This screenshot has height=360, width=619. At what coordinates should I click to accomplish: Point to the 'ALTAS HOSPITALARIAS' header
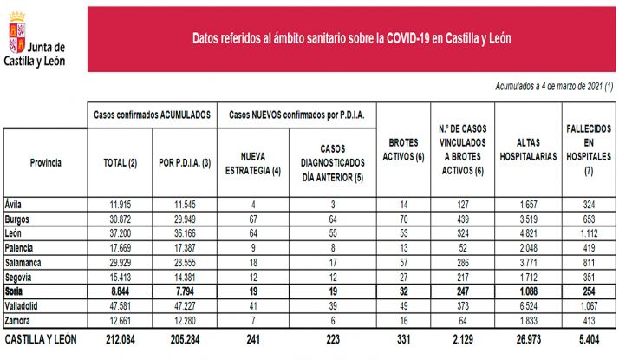[527, 149]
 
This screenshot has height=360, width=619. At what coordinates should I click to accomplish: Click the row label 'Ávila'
[15, 204]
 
